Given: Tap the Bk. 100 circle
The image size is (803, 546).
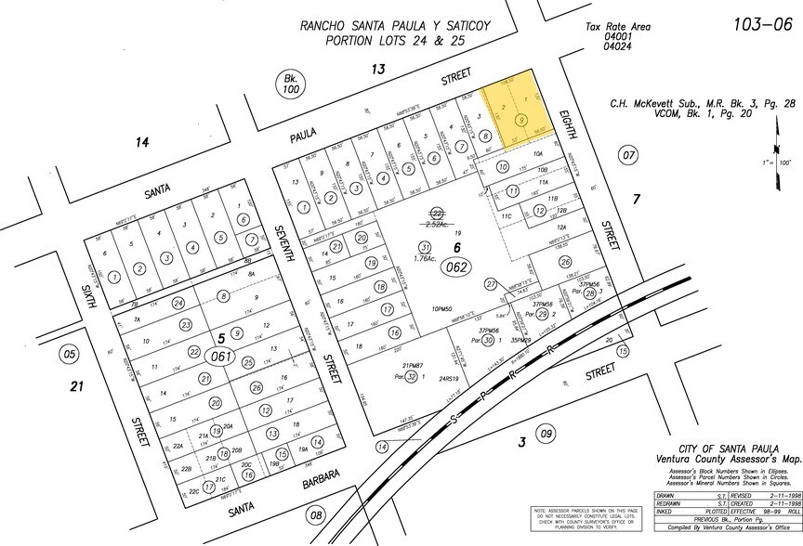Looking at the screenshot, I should point(289,84).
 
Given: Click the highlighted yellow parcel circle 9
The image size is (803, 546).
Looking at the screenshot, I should point(522,120).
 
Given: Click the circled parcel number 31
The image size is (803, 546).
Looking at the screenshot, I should point(425,247).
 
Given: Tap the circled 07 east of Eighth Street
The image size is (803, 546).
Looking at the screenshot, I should point(629,154).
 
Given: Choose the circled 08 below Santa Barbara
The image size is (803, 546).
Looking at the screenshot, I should point(317,515).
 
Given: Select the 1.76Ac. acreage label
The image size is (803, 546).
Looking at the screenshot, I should point(425,260).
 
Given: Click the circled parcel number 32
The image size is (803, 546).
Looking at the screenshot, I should point(412,377).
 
